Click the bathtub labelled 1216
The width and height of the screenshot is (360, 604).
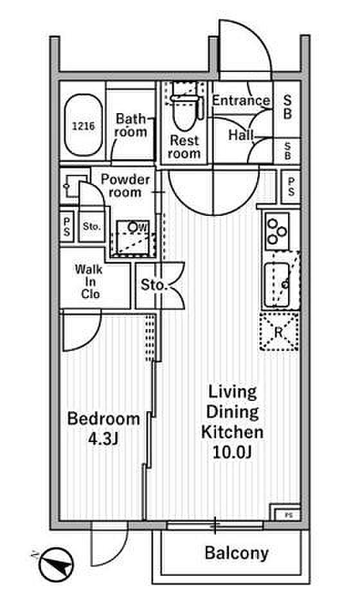(84, 125)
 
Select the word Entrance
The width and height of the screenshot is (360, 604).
(241, 100)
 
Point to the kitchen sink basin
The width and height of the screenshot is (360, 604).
(276, 285)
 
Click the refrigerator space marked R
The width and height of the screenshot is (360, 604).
(278, 332)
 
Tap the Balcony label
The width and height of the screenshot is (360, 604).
(237, 553)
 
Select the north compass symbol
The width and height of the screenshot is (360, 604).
(56, 565)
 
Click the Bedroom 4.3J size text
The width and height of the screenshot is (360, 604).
(104, 428)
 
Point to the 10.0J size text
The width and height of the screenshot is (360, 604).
(233, 452)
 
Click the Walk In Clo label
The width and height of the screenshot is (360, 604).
(90, 281)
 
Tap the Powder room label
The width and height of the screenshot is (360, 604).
(125, 186)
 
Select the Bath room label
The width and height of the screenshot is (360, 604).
(130, 125)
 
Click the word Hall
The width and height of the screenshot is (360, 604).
(241, 135)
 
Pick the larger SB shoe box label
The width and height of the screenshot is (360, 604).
(287, 107)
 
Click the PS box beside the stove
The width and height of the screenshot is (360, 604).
(291, 187)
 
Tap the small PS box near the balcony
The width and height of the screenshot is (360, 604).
(287, 515)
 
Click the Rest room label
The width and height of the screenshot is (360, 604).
(184, 147)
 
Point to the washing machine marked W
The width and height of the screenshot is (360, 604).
(132, 238)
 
